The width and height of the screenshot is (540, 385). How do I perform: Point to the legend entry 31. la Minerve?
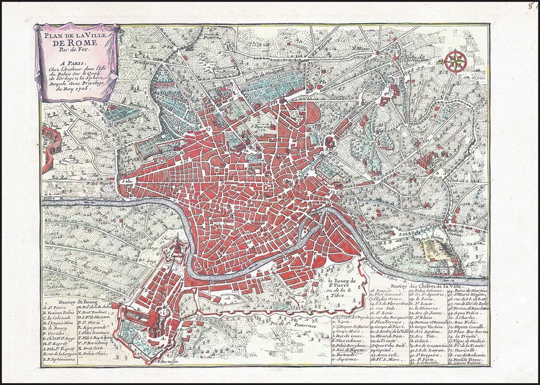click(x=425, y=309)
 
